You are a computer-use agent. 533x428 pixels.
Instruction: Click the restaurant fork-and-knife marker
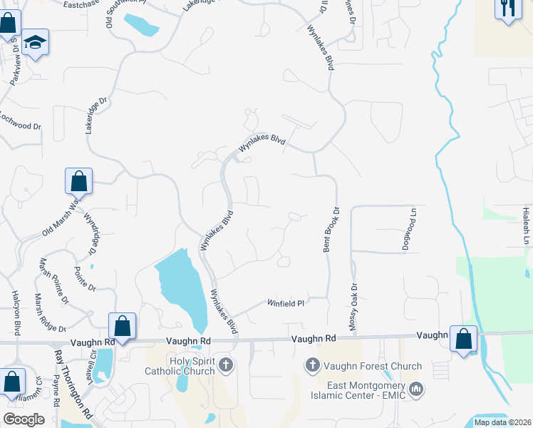tap(508, 9)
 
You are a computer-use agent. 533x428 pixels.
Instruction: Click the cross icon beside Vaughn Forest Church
tap(312, 367)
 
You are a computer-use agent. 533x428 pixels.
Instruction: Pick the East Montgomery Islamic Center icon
tap(417, 389)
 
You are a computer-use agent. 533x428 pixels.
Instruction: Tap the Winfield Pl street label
tap(286, 303)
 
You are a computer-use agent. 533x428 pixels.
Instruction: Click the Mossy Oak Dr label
tap(352, 305)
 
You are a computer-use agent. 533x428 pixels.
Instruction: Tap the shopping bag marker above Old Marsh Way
tap(78, 182)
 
